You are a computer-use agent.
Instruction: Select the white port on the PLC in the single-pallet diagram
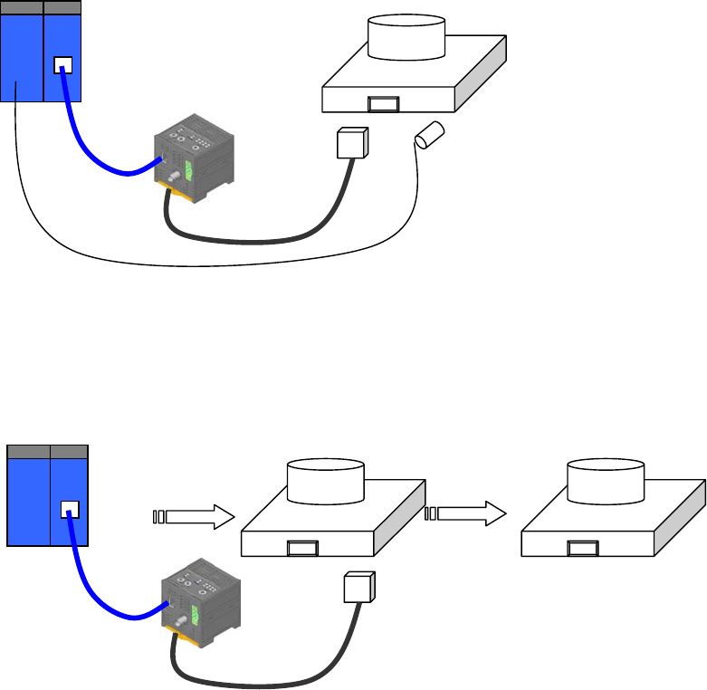(63, 65)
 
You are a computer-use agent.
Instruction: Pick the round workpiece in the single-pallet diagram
(406, 38)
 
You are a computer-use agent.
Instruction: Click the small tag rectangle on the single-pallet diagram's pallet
(383, 104)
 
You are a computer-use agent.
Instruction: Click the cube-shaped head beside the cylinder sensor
(349, 143)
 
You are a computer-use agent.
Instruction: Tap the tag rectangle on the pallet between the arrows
(301, 547)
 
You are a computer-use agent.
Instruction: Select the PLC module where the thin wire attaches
(22, 54)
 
